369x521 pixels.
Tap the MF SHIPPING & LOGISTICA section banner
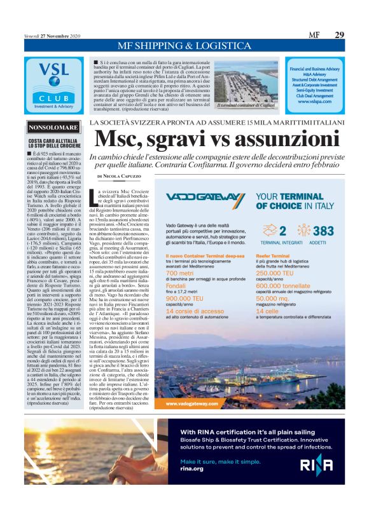point(184,47)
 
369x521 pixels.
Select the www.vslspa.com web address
point(312,101)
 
